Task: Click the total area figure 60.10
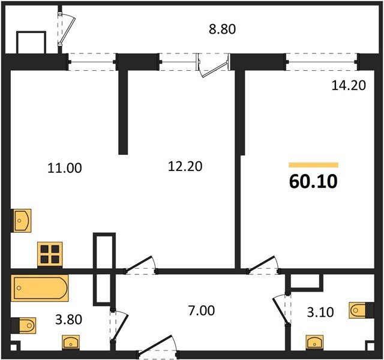pos(313,182)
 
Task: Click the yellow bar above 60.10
pos(313,164)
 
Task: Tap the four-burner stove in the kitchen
pos(50,254)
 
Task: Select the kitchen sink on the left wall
pos(21,221)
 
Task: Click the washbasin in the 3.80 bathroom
pos(71,342)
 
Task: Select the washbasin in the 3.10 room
pos(316,342)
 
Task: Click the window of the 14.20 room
pos(322,62)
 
